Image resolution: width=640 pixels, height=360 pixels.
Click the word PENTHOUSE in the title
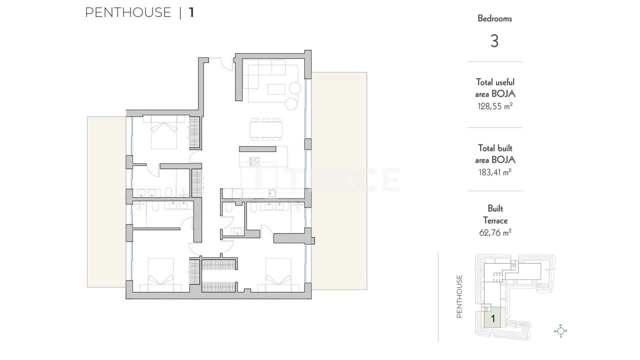point(128,12)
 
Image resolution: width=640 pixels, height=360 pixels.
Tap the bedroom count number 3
point(494,41)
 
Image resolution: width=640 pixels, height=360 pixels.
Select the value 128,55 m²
point(494,106)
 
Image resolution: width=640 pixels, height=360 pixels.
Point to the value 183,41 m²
point(494,172)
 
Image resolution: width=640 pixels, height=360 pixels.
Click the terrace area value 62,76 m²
point(494,232)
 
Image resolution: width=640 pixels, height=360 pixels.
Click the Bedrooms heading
point(494,19)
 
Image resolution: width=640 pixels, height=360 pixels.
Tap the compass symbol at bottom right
point(560,330)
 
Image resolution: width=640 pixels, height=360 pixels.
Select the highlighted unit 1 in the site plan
point(493,317)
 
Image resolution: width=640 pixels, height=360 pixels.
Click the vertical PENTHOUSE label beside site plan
point(459,296)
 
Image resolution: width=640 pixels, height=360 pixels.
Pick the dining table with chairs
point(265,130)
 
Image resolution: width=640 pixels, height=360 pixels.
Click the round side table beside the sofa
point(291,103)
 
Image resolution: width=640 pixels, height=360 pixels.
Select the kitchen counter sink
point(272,192)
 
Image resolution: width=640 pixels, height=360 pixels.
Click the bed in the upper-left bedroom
point(163,132)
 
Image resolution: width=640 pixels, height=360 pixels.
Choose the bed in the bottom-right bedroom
point(278,275)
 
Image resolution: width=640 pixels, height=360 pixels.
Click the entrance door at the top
point(220,63)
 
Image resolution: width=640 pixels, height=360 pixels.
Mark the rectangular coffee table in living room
point(276,89)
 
